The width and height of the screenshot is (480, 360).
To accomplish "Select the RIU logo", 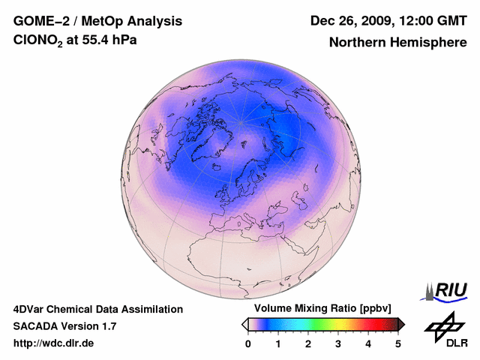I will click(x=446, y=291).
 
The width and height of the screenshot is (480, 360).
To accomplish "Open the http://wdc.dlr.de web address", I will click(x=54, y=343).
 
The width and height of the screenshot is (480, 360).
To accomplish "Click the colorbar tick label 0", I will click(x=248, y=343).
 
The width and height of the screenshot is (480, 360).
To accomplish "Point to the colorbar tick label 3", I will click(x=338, y=343).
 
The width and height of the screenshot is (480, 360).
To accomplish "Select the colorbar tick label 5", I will click(x=398, y=343).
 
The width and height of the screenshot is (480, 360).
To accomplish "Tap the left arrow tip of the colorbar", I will click(x=244, y=324).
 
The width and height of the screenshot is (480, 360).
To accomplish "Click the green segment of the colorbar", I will click(x=315, y=324).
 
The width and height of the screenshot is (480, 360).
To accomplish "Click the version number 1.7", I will click(x=107, y=326).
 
